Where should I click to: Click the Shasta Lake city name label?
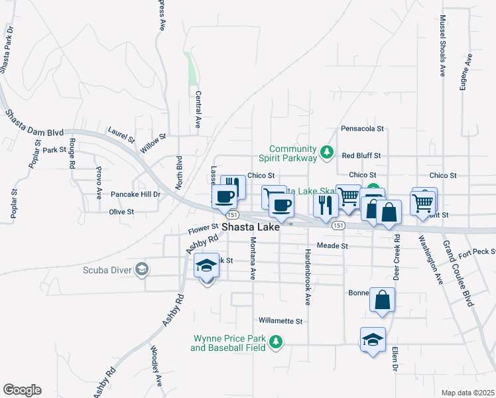point(250,227)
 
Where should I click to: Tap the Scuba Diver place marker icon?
point(141,269)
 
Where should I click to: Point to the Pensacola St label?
point(362,128)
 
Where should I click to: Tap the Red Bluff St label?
point(361,156)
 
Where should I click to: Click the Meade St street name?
point(332,245)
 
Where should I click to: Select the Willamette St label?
point(280,320)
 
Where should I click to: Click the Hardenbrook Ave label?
point(308,277)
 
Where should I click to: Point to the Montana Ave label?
point(253,259)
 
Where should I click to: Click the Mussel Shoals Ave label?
point(442,44)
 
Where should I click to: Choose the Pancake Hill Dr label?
point(135,194)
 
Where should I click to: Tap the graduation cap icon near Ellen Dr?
point(373,340)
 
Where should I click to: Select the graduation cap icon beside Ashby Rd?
point(207,266)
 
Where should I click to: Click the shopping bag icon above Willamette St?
point(383,299)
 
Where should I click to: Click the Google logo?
point(22,389)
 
